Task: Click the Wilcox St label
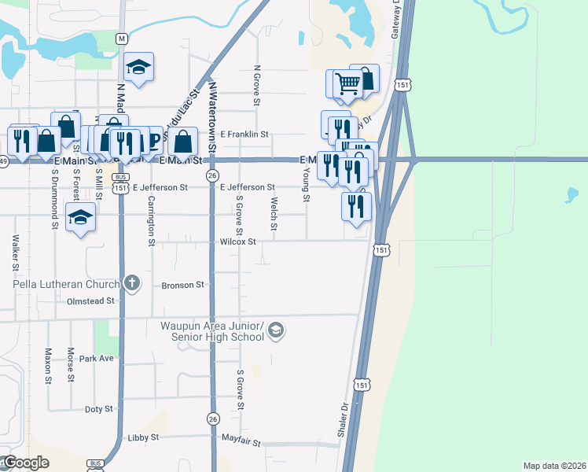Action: pyautogui.click(x=238, y=242)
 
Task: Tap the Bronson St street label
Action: pyautogui.click(x=183, y=285)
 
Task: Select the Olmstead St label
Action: pyautogui.click(x=91, y=301)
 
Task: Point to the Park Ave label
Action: pyautogui.click(x=97, y=358)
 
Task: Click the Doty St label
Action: pyautogui.click(x=99, y=409)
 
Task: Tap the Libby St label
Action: pyautogui.click(x=144, y=437)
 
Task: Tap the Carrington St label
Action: pyautogui.click(x=151, y=221)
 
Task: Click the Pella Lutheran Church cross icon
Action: pyautogui.click(x=132, y=282)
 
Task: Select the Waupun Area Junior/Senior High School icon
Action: pyautogui.click(x=275, y=331)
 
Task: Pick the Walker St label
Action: pyautogui.click(x=15, y=249)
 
